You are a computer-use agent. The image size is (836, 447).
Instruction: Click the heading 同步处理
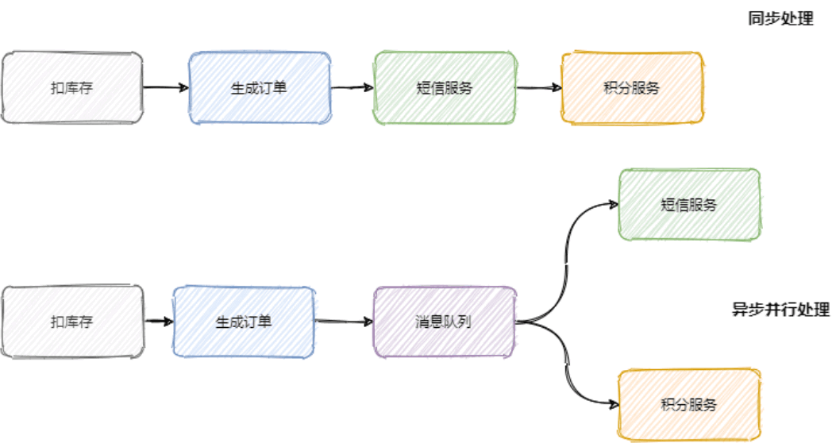pyautogui.click(x=780, y=19)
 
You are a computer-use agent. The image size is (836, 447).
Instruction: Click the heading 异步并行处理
pyautogui.click(x=780, y=310)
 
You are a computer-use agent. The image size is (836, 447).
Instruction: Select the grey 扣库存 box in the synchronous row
pyautogui.click(x=72, y=88)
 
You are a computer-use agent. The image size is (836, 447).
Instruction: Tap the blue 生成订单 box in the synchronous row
pyautogui.click(x=259, y=88)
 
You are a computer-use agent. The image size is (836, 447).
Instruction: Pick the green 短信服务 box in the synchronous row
pyautogui.click(x=445, y=88)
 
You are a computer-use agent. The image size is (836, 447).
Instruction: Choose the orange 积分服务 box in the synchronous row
pyautogui.click(x=632, y=88)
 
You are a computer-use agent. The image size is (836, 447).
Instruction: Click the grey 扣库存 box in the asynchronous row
pyautogui.click(x=72, y=322)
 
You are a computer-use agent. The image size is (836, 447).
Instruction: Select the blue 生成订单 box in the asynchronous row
pyautogui.click(x=244, y=322)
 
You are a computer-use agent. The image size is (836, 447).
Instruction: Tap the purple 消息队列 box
pyautogui.click(x=445, y=322)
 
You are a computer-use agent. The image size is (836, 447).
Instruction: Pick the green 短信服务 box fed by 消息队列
pyautogui.click(x=689, y=205)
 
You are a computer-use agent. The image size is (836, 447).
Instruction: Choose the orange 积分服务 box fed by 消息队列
pyautogui.click(x=689, y=405)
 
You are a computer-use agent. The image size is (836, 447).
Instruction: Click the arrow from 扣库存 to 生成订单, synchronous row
pyautogui.click(x=166, y=87)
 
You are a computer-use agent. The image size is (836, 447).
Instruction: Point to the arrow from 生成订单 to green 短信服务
pyautogui.click(x=352, y=87)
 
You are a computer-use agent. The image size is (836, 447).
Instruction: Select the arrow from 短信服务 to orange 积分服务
pyautogui.click(x=538, y=87)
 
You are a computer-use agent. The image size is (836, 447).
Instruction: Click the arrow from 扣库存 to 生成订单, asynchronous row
pyautogui.click(x=159, y=322)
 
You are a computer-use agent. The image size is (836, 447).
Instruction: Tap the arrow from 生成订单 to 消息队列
pyautogui.click(x=344, y=322)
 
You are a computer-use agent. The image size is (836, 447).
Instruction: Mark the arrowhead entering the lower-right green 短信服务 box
pyautogui.click(x=613, y=204)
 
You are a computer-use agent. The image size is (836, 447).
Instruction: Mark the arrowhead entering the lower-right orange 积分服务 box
pyautogui.click(x=613, y=404)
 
